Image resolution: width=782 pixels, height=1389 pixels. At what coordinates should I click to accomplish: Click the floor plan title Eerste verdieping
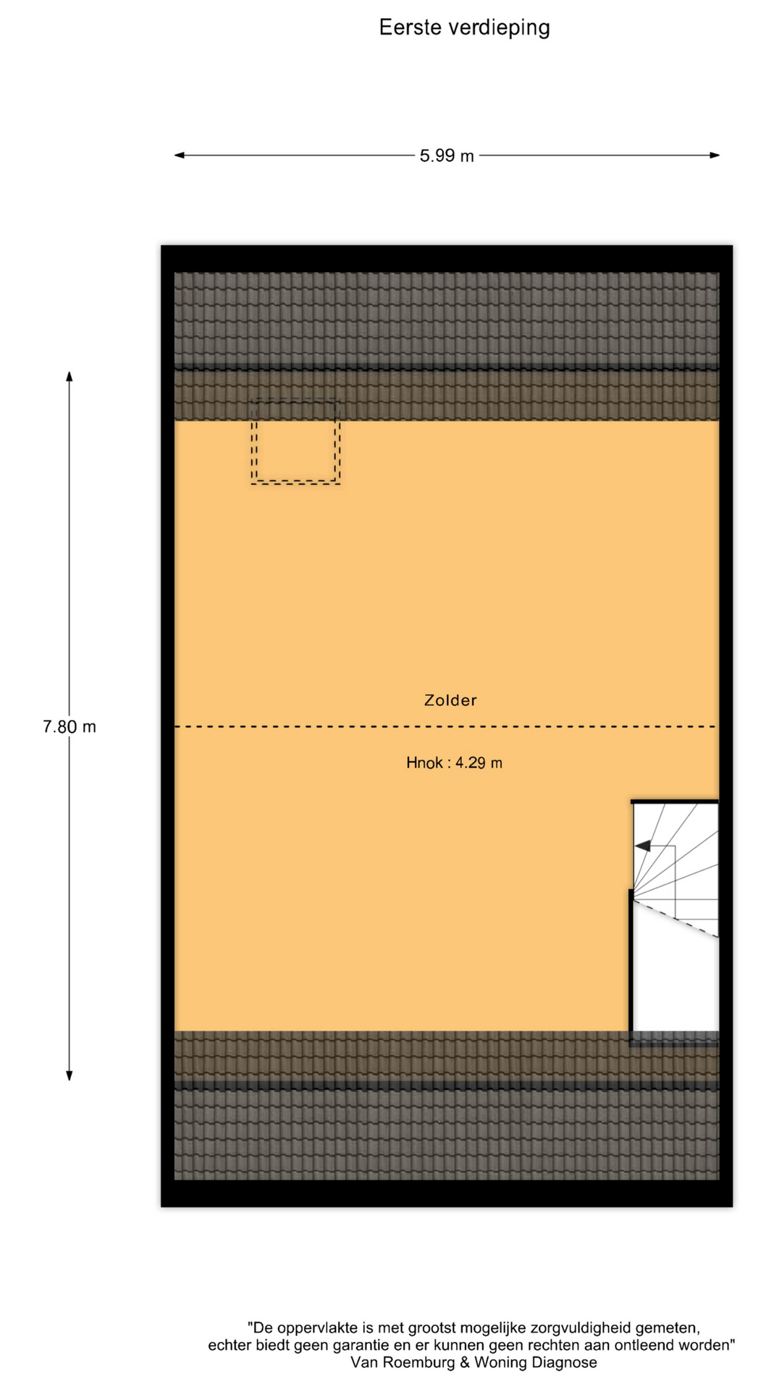click(x=464, y=27)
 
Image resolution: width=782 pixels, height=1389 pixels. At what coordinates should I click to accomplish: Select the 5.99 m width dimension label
click(x=447, y=156)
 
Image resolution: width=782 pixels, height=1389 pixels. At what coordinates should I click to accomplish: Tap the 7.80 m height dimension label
click(x=70, y=726)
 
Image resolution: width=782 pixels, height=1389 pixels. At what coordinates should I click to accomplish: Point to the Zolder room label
click(x=450, y=700)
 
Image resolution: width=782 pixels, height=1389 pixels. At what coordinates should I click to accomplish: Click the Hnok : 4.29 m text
click(x=454, y=763)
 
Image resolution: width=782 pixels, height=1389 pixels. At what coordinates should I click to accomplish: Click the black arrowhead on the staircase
click(x=642, y=846)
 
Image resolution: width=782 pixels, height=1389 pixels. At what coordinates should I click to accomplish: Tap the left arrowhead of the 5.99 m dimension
click(x=180, y=155)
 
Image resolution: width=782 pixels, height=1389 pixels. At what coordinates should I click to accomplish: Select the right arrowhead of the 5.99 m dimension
click(x=715, y=155)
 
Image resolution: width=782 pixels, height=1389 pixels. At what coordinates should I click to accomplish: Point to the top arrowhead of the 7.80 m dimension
click(x=70, y=376)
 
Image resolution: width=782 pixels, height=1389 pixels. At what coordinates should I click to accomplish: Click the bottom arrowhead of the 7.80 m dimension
click(x=70, y=1076)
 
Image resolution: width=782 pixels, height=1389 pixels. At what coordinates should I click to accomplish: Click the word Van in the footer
click(x=364, y=1363)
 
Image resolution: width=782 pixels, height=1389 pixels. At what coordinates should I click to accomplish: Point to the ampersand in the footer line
click(x=464, y=1363)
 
